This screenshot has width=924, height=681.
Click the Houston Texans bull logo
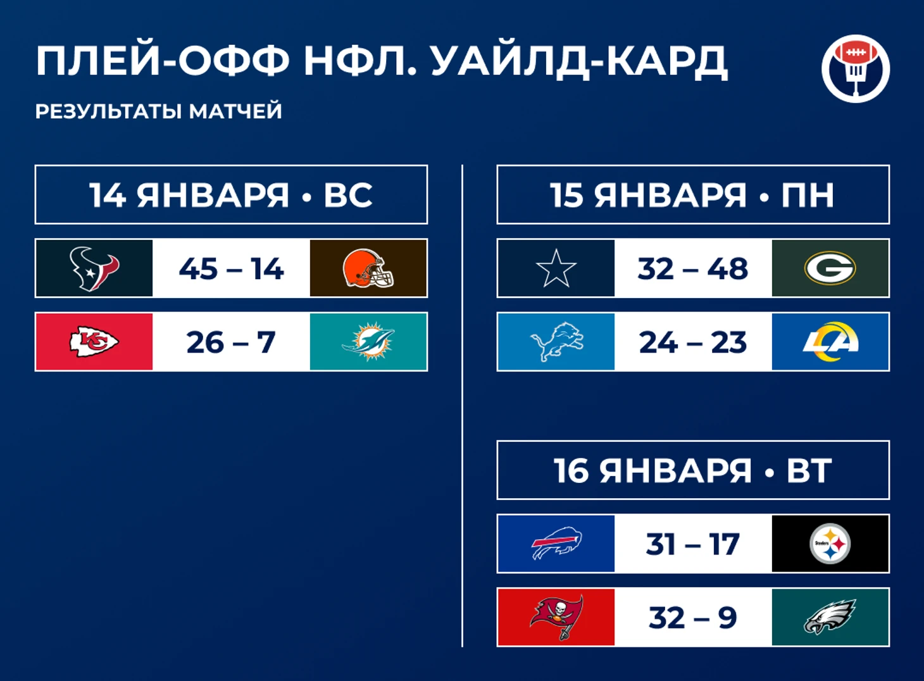point(94,269)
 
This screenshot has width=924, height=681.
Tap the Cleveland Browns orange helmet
point(368,268)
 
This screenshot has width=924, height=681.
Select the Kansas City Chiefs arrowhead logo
point(94,342)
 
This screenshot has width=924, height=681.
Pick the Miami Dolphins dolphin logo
point(368,342)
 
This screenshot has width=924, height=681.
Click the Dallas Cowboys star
point(556,268)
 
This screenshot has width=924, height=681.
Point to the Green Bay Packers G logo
point(830,268)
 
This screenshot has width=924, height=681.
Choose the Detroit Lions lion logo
point(556,342)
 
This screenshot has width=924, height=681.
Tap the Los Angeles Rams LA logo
point(830,342)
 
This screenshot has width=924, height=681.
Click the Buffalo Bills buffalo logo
point(556,543)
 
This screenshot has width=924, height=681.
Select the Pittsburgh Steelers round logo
point(830,544)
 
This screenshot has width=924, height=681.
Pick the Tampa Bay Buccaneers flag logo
point(557,617)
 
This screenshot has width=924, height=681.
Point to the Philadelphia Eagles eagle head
point(830,616)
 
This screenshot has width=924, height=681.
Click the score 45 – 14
point(232,269)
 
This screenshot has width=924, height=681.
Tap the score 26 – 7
point(231,342)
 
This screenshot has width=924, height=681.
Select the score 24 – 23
point(693,342)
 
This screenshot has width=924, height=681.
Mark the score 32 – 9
point(693,618)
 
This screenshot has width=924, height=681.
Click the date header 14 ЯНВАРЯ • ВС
point(231,195)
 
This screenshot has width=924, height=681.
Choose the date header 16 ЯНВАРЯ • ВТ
point(693,470)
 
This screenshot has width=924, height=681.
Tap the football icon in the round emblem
point(856,52)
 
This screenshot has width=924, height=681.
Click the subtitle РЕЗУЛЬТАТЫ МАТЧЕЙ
point(159,111)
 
